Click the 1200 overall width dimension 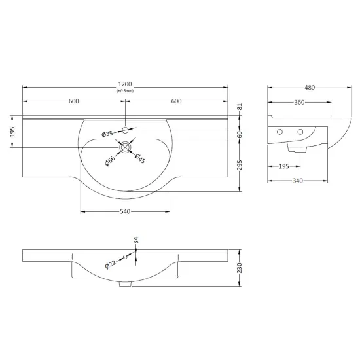click(x=125, y=84)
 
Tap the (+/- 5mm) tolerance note click(x=125, y=91)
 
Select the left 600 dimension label click(x=74, y=101)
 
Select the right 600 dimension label click(x=176, y=101)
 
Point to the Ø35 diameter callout click(x=107, y=134)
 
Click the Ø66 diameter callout click(x=110, y=161)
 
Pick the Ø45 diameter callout click(x=140, y=158)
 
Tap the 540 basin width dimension click(x=125, y=211)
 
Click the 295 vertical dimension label click(x=240, y=165)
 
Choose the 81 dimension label click(x=240, y=107)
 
